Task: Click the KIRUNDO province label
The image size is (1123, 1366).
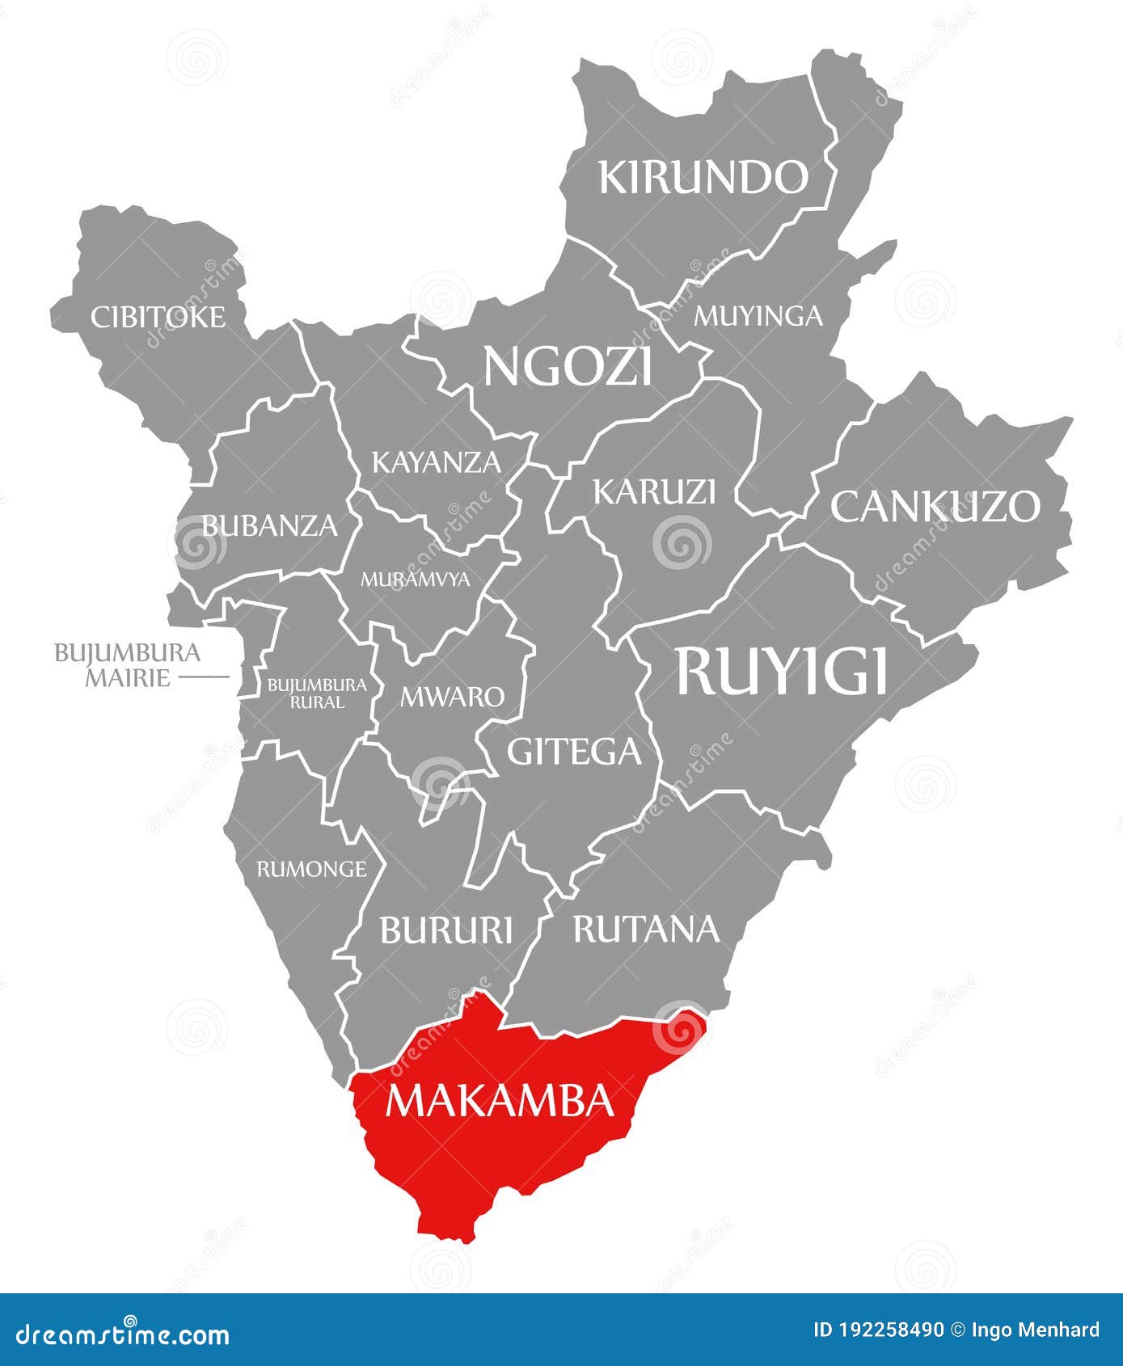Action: (703, 177)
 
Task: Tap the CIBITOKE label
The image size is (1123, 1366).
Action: (158, 317)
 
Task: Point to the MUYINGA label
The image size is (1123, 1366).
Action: (758, 315)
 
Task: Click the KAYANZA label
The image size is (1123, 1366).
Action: (437, 462)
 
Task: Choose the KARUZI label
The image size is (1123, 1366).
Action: (655, 491)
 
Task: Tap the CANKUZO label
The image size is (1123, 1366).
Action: (935, 507)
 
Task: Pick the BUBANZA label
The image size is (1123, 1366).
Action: (269, 525)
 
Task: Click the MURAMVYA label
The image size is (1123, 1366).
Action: (415, 580)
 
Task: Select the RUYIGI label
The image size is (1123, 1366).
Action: (782, 671)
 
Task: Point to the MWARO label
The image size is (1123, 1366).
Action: (452, 696)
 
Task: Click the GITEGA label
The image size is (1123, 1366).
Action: (574, 752)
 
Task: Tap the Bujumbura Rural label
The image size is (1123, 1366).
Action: (317, 694)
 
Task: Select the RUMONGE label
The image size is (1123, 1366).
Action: (311, 869)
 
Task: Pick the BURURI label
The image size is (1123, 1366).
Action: (446, 930)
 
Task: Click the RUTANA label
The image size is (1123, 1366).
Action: (646, 929)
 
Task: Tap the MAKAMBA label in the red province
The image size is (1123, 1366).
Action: (499, 1100)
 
